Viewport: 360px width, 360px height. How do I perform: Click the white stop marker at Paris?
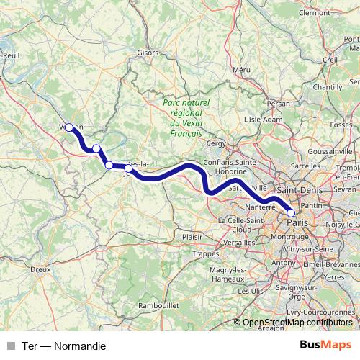point(291,212)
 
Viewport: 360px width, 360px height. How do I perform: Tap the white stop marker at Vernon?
point(69,127)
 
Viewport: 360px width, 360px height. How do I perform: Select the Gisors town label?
point(146,53)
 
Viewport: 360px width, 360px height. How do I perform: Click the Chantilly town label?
point(328,86)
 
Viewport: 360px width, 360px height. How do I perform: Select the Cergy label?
point(216,143)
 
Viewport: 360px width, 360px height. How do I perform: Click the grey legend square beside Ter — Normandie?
point(10,346)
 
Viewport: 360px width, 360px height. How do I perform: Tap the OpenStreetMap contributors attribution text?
point(297,323)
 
